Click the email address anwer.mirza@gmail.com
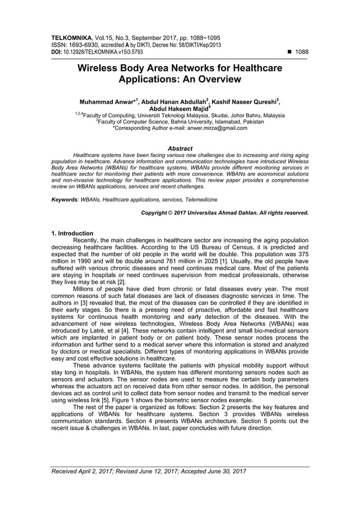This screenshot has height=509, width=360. pyautogui.click(x=215, y=128)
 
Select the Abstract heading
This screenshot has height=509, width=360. pyautogui.click(x=180, y=148)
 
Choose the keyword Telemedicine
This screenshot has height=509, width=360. pyautogui.click(x=198, y=200)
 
